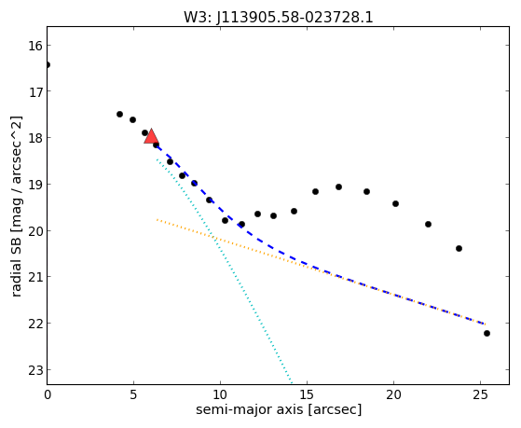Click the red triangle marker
151,137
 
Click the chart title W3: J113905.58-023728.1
279,18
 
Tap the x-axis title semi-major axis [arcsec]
279,409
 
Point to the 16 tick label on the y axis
35,46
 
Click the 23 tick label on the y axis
35,370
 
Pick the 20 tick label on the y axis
35,231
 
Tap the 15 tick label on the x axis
307,395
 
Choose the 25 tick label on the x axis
480,395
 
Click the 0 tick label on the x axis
48,395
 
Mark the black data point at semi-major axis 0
48,64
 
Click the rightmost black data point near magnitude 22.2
487,333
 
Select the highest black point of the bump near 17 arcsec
338,186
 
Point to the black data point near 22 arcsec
428,224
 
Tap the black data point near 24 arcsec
459,248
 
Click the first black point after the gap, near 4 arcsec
119,114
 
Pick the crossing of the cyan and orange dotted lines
214,238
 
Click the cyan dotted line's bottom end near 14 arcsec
292,382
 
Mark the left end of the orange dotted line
157,219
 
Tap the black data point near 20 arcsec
395,203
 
